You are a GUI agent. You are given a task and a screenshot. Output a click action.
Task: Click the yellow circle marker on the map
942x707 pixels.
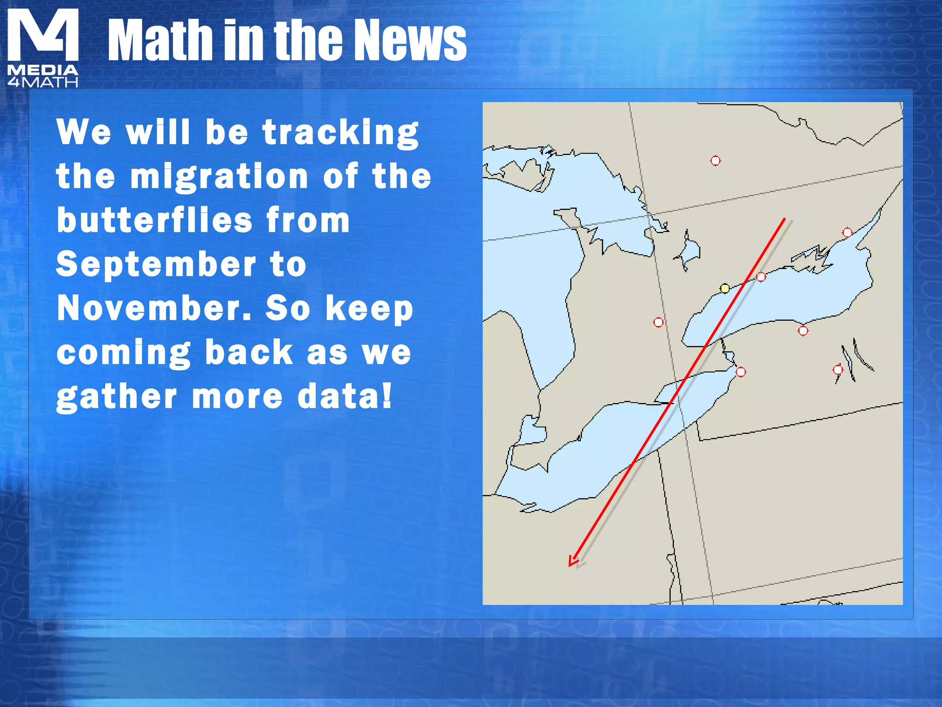point(725,289)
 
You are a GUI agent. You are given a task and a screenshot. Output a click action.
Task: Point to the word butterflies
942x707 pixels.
point(155,220)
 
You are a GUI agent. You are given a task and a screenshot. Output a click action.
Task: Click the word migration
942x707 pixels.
point(219,177)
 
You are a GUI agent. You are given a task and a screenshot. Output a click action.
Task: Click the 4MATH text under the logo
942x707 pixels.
point(43,83)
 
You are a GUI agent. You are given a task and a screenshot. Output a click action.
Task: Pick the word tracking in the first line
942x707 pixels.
point(340,133)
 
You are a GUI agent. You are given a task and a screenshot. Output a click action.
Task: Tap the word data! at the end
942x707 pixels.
point(345,396)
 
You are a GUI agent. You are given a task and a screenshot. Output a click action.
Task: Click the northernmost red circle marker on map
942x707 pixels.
point(715,161)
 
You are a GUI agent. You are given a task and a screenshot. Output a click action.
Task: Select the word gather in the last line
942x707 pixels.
point(116,397)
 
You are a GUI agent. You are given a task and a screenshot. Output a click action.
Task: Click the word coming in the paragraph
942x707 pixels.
point(123,353)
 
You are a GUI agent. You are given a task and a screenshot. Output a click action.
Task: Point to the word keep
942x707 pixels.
point(369,309)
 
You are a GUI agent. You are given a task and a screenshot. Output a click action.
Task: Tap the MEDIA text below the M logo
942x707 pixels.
point(43,70)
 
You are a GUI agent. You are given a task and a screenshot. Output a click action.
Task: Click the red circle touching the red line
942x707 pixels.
point(761,277)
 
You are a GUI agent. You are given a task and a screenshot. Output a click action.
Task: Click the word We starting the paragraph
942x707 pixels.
point(84,132)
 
